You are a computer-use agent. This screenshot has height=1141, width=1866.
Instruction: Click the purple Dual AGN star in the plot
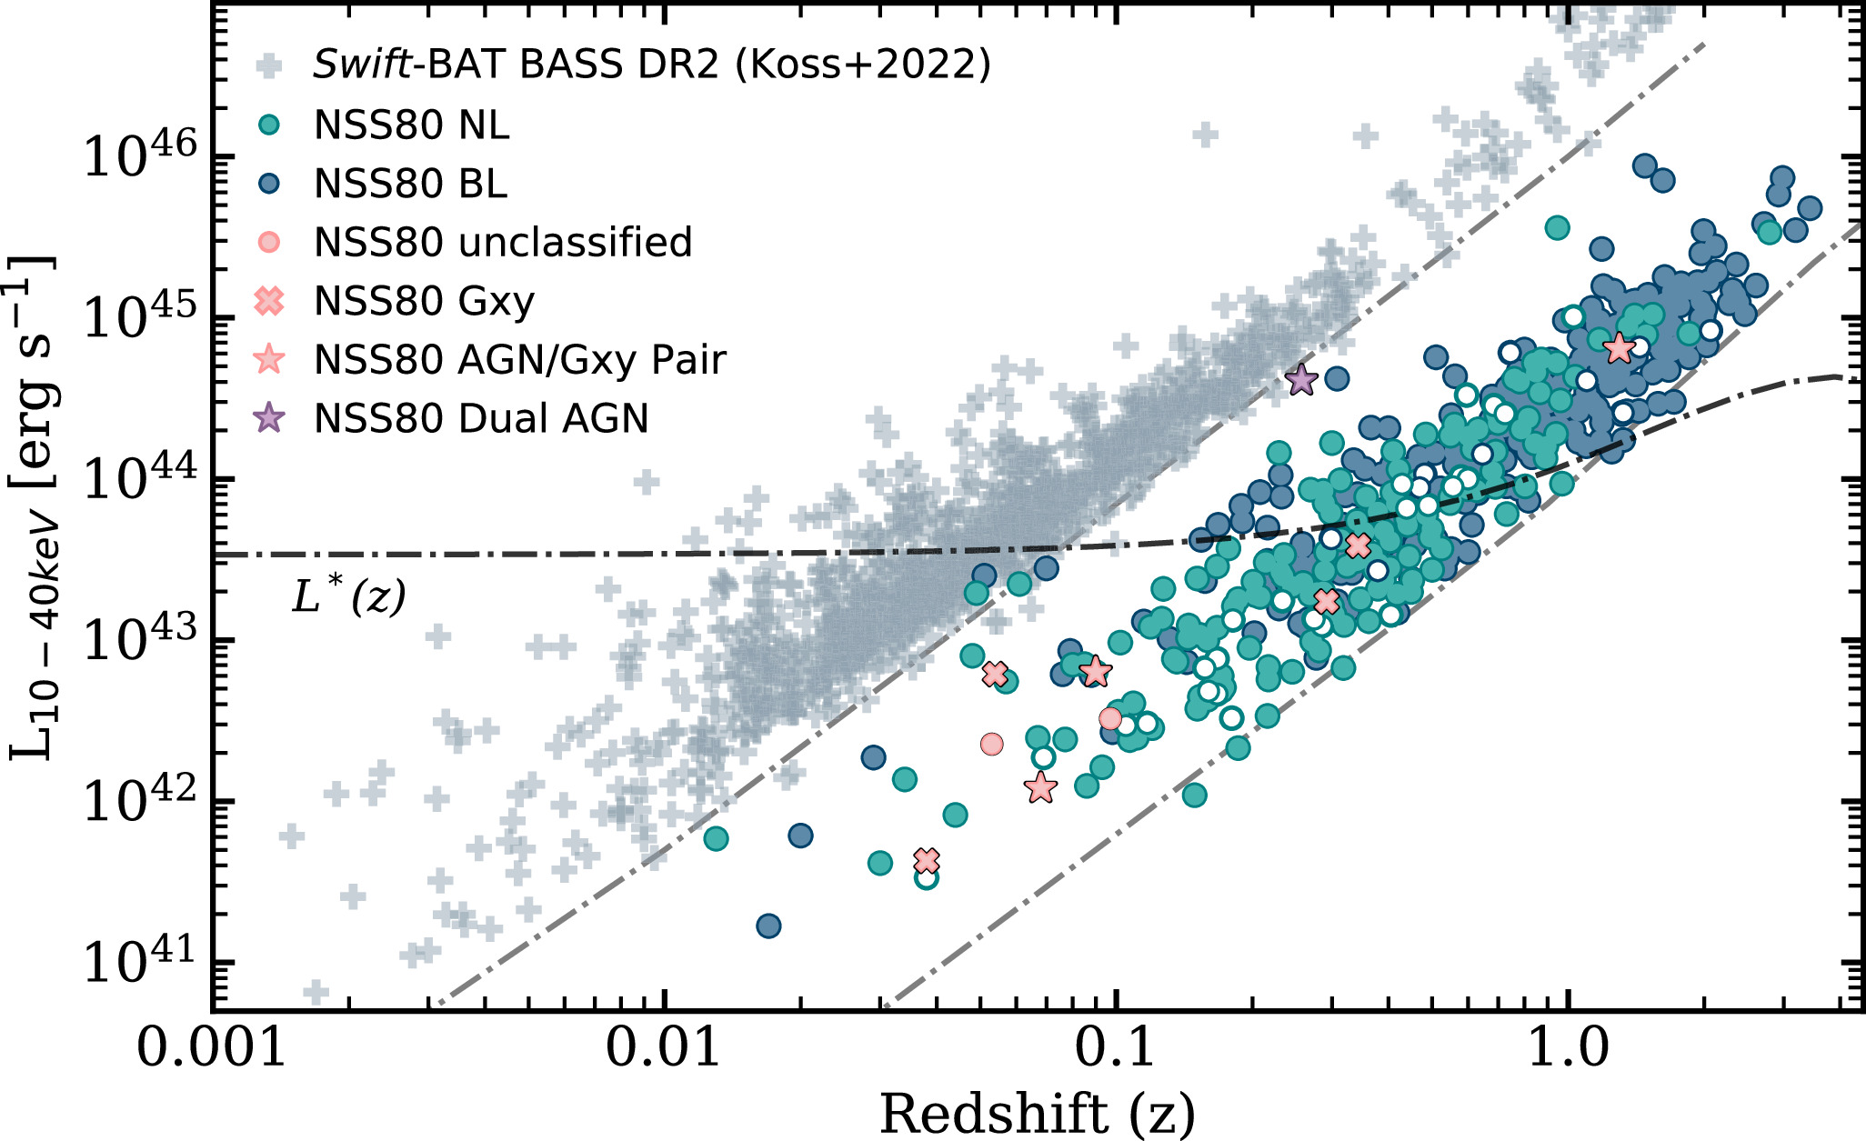point(1301,380)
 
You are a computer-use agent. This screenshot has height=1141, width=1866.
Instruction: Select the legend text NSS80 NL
point(411,125)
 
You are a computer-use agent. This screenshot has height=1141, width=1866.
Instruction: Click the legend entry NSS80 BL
point(410,184)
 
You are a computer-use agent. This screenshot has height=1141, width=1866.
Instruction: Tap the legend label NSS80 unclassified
point(503,243)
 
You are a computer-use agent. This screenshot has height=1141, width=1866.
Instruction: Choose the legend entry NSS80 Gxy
point(424,301)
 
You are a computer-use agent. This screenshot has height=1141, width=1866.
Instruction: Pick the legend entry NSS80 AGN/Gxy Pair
point(519,360)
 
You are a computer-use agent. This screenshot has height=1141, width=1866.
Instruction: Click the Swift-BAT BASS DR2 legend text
point(651,65)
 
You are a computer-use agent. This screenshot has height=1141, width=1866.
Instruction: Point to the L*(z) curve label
point(348,596)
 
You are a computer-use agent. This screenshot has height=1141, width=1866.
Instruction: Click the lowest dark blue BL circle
point(768,926)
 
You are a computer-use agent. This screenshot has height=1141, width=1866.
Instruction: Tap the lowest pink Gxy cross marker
point(926,860)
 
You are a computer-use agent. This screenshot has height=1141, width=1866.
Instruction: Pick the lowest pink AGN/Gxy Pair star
point(1040,788)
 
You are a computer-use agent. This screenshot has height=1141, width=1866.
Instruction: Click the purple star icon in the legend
point(270,418)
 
